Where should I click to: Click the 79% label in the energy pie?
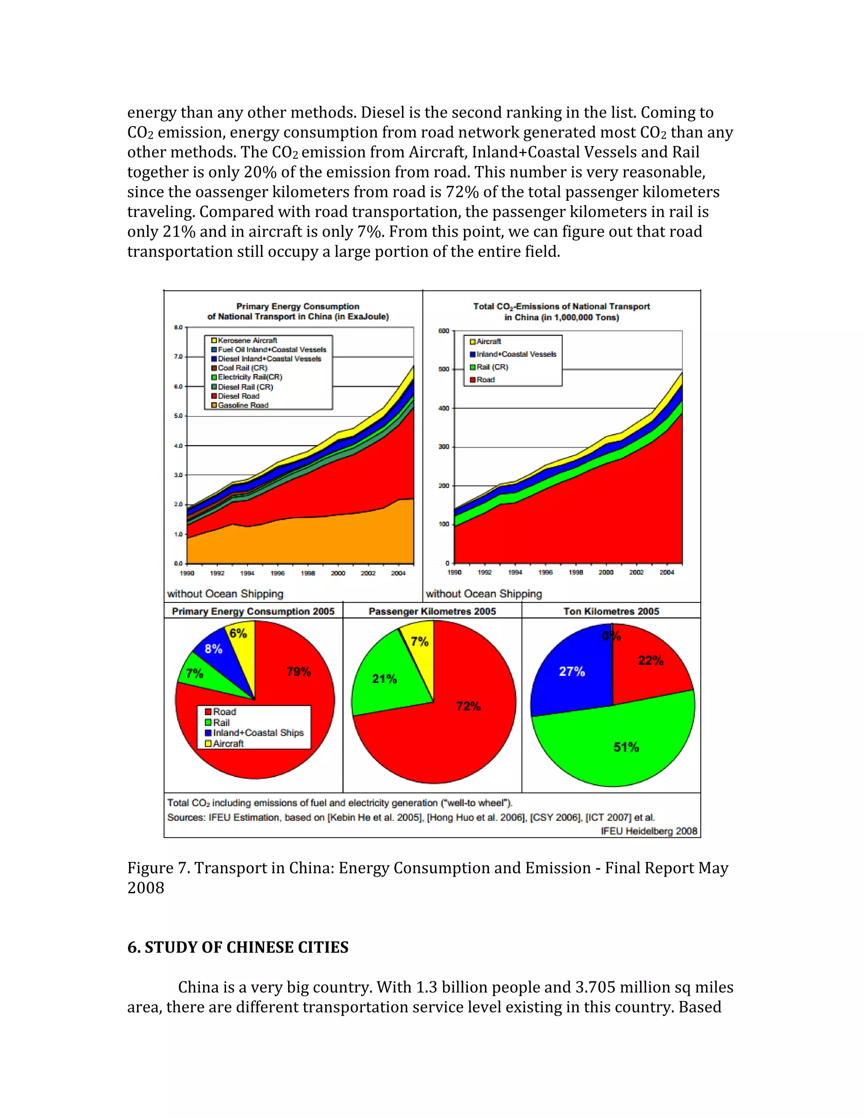pyautogui.click(x=298, y=672)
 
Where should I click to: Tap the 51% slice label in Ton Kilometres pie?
pyautogui.click(x=626, y=748)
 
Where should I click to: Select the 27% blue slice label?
pyautogui.click(x=571, y=672)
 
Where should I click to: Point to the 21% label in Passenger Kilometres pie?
pyautogui.click(x=384, y=679)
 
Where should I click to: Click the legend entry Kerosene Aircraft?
pyautogui.click(x=247, y=340)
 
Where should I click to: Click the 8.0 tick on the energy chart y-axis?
pyautogui.click(x=178, y=327)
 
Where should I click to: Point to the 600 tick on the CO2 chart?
pyautogui.click(x=443, y=331)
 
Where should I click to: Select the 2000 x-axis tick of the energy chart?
pyautogui.click(x=338, y=573)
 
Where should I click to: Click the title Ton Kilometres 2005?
pyautogui.click(x=611, y=611)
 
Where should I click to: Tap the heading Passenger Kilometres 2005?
pyautogui.click(x=432, y=611)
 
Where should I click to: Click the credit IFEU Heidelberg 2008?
pyautogui.click(x=648, y=831)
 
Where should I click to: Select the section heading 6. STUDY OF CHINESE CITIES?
pyautogui.click(x=238, y=948)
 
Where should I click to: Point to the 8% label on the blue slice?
pyautogui.click(x=213, y=649)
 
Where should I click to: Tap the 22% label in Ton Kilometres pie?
pyautogui.click(x=650, y=660)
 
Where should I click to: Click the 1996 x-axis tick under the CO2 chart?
pyautogui.click(x=545, y=573)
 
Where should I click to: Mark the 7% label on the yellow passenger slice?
pyautogui.click(x=419, y=641)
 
